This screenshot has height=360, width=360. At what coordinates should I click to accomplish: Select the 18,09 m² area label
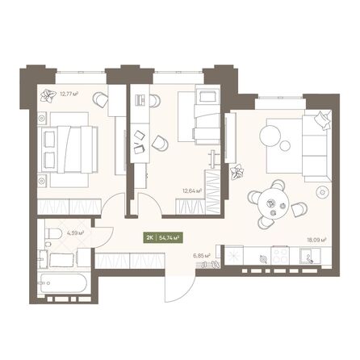pyautogui.click(x=318, y=239)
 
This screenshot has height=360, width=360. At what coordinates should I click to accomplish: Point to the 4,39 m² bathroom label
pyautogui.click(x=76, y=233)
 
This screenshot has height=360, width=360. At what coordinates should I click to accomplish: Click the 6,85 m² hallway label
pyautogui.click(x=202, y=256)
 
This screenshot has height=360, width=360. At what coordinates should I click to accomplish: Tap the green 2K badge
pyautogui.click(x=150, y=237)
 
